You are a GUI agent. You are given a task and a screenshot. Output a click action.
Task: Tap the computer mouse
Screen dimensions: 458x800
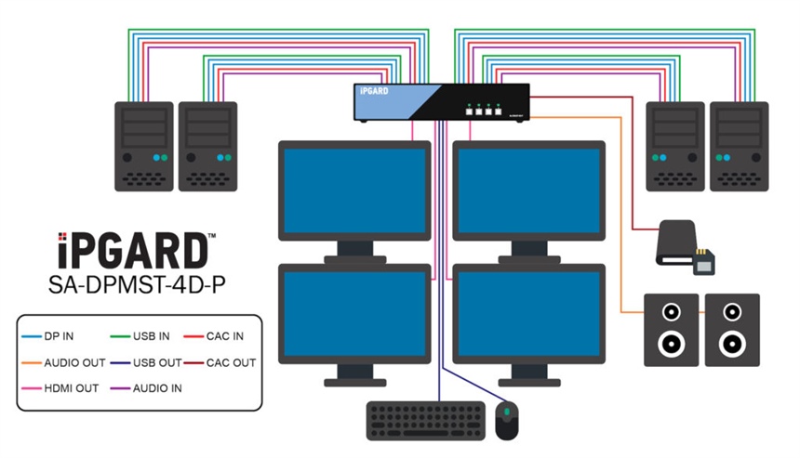point(507,422)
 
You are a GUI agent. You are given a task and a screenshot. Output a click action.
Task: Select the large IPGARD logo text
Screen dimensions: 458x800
point(131,252)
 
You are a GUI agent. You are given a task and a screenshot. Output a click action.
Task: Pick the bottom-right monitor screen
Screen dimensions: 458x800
point(527,316)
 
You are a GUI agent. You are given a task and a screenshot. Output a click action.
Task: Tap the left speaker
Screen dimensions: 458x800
point(672,330)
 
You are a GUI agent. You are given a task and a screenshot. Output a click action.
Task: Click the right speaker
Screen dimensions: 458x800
point(732,330)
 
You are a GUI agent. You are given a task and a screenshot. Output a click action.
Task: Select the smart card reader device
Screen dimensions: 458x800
point(687,246)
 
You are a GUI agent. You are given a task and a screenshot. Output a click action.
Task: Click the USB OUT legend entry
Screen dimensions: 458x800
point(153,362)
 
